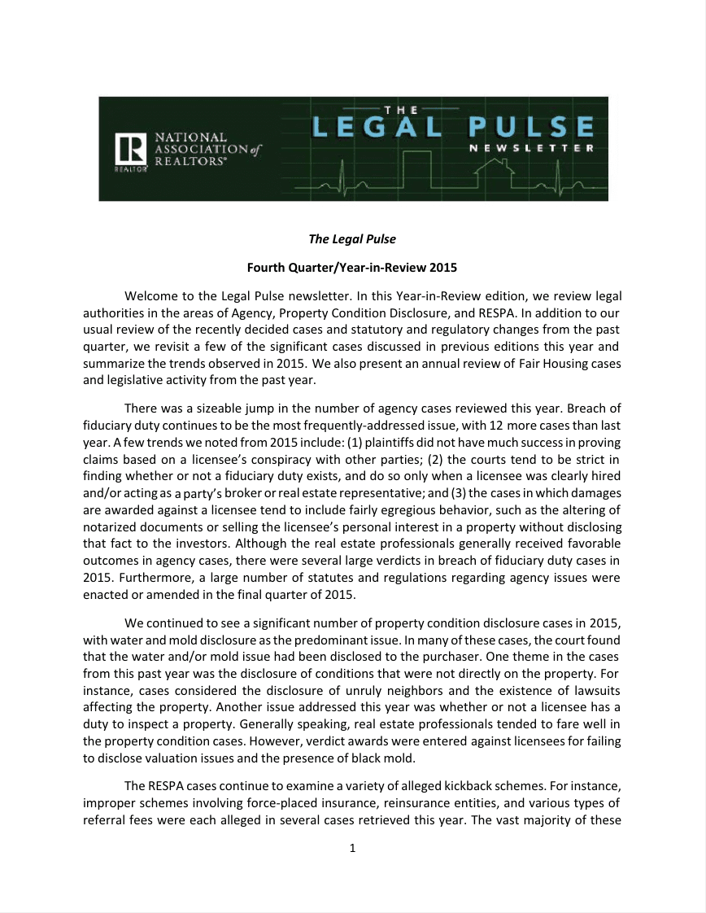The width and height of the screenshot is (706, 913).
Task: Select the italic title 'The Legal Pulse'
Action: pyautogui.click(x=352, y=239)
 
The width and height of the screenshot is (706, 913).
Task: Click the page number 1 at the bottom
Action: pyautogui.click(x=352, y=849)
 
